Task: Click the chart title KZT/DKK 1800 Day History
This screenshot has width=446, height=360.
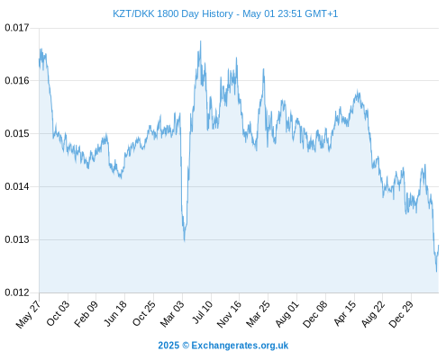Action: point(173,13)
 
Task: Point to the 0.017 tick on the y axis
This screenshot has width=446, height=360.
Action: point(17,28)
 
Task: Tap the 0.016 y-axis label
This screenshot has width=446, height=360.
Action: point(17,81)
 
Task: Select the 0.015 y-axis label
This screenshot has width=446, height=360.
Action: point(17,133)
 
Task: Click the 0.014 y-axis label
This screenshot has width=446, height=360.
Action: point(17,186)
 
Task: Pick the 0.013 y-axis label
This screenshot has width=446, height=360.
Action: point(17,239)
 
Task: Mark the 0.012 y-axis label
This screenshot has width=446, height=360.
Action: point(17,292)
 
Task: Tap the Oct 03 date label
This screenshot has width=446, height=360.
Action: point(58,313)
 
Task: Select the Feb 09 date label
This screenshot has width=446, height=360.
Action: point(86,313)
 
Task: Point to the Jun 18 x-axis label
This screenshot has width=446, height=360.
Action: point(115,313)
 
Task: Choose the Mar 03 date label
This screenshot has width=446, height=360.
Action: point(172,313)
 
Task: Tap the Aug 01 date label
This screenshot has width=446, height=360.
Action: point(287,313)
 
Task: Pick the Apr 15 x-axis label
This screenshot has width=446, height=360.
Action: point(345,313)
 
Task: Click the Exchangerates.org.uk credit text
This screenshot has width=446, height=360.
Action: point(240,346)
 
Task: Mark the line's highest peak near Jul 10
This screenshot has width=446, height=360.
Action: point(201,41)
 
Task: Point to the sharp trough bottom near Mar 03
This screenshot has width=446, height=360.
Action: point(184,240)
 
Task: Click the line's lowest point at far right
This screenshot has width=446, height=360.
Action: point(436,272)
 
